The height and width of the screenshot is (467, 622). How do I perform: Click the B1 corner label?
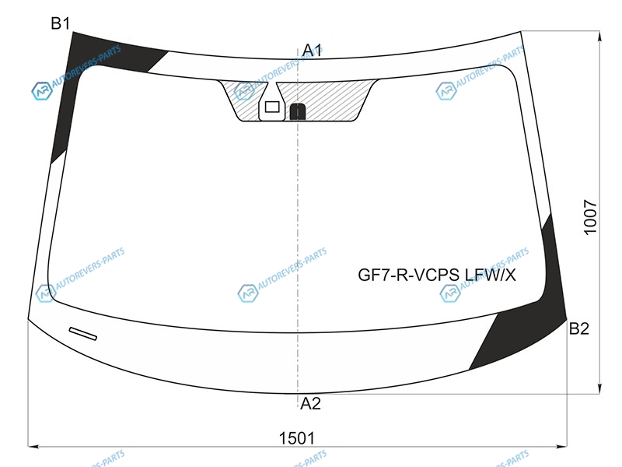click(x=61, y=23)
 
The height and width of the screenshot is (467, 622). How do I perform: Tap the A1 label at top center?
click(x=312, y=51)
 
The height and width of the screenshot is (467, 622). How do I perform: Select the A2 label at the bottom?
click(x=310, y=403)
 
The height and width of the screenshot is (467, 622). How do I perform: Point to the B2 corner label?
click(x=578, y=328)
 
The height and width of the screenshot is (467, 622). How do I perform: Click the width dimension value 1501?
click(x=297, y=438)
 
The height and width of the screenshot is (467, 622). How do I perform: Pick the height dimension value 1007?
click(x=590, y=218)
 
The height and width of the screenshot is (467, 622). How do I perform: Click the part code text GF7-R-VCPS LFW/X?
click(x=437, y=275)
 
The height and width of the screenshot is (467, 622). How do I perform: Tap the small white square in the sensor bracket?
click(x=272, y=107)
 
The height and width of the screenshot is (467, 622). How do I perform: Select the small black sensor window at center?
click(x=298, y=111)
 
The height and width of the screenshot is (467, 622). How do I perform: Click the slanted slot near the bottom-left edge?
click(x=83, y=334)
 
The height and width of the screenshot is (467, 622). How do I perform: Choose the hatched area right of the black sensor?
click(x=334, y=100)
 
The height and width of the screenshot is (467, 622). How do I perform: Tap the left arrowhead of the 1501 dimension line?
click(x=33, y=446)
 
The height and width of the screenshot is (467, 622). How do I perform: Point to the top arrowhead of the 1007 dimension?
click(x=599, y=36)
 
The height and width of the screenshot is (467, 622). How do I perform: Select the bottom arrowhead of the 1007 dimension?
click(x=599, y=389)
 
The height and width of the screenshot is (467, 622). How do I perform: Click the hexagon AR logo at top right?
click(x=446, y=91)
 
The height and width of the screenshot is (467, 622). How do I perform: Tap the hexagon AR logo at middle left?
click(x=46, y=293)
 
